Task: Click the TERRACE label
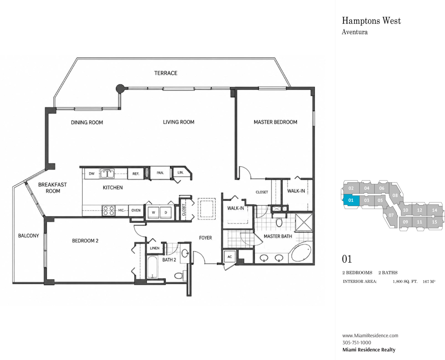pyautogui.click(x=166, y=73)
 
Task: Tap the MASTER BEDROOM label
pyautogui.click(x=275, y=122)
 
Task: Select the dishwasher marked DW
pyautogui.click(x=92, y=174)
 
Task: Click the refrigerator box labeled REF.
pyautogui.click(x=136, y=174)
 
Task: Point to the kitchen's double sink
pyautogui.click(x=107, y=174)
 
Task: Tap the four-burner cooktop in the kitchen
pyautogui.click(x=109, y=210)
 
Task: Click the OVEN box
pyautogui.click(x=136, y=210)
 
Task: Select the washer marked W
pyautogui.click(x=153, y=212)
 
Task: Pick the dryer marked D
pyautogui.click(x=166, y=212)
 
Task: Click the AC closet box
pyautogui.click(x=230, y=257)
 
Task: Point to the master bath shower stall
pyautogui.click(x=304, y=222)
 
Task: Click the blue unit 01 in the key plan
pyautogui.click(x=351, y=200)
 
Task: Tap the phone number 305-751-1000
pyautogui.click(x=357, y=342)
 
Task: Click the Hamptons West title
pyautogui.click(x=371, y=21)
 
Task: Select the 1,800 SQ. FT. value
pyautogui.click(x=405, y=281)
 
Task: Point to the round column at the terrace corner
pyautogui.click(x=120, y=89)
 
